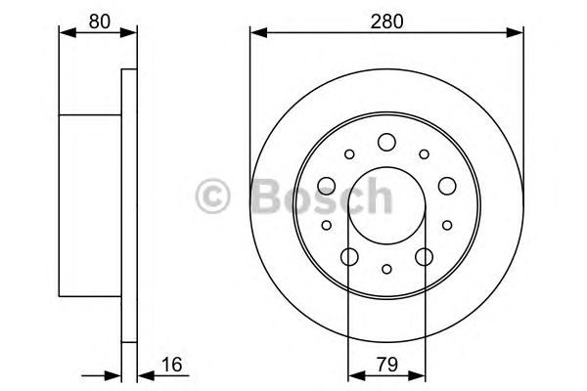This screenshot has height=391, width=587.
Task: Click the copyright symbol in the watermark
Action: coord(213,195)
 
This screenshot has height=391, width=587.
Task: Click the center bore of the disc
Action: coord(386,207)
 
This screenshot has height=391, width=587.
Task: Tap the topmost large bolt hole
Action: coord(386,142)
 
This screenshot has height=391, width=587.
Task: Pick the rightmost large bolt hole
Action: coord(448,186)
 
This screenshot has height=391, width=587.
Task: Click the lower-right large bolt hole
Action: coord(425,257)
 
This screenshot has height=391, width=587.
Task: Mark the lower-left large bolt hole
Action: coord(349,257)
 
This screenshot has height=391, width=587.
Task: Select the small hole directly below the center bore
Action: coord(386,270)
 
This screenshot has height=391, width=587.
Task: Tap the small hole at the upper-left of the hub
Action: coord(349,153)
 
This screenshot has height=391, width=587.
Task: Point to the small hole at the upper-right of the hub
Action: coord(424,153)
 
